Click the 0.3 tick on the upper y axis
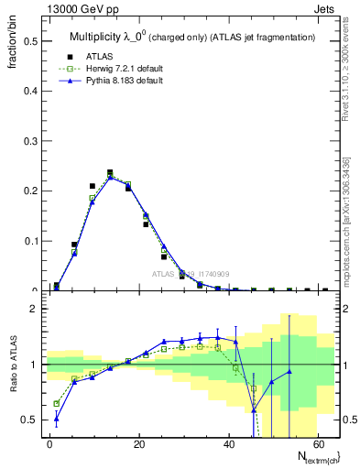pos(30,142)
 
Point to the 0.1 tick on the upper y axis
pos(30,242)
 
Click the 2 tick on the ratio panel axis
pos(35,309)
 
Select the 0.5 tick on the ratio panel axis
pos(30,420)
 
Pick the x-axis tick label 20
pos(139,443)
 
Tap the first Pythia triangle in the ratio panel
pos(57,420)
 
